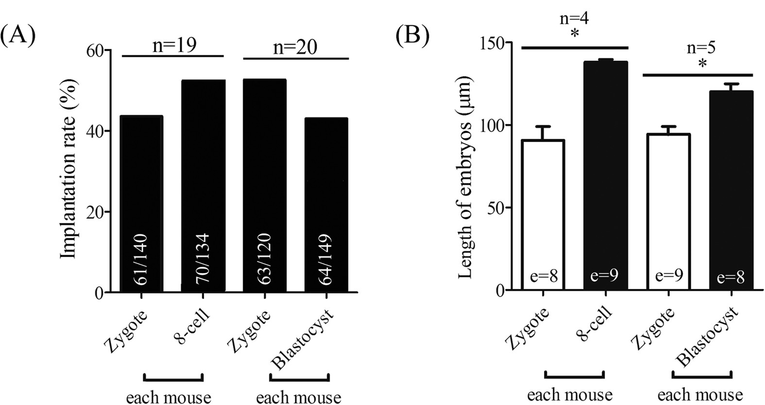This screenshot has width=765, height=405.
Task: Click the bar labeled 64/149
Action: coord(326,204)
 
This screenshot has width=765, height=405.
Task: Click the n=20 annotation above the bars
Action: coord(294,47)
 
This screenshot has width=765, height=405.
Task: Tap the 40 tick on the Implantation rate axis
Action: coord(98,131)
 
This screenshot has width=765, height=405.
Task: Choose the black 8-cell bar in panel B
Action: coord(605,175)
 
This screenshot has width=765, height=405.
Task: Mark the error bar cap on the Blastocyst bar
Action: coord(731,84)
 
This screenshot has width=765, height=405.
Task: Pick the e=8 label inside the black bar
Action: coord(731,278)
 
